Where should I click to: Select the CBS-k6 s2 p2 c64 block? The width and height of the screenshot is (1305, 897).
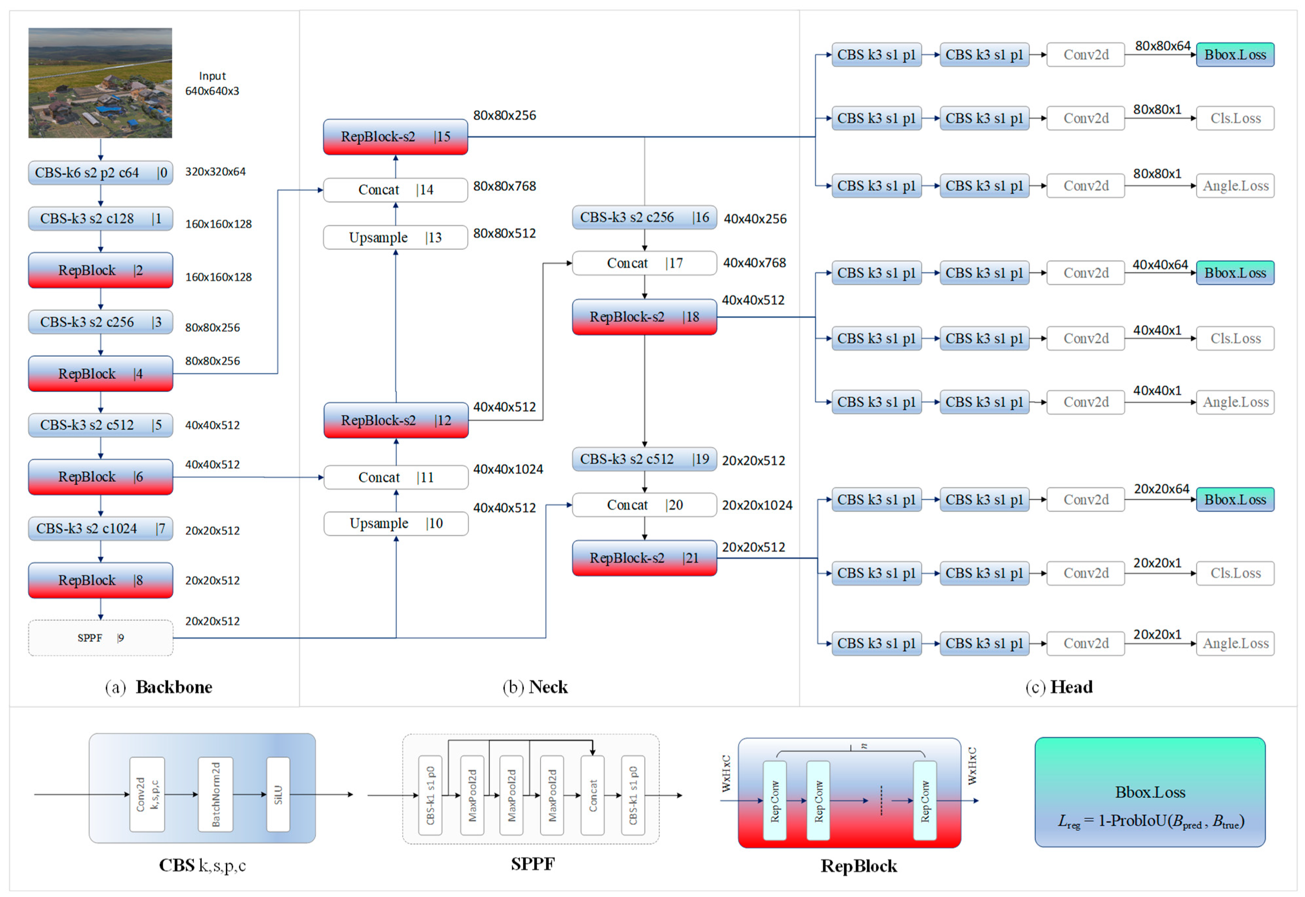coord(100,173)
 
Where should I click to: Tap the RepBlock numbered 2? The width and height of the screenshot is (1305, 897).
coord(100,270)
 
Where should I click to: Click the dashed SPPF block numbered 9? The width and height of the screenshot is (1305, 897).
coord(100,638)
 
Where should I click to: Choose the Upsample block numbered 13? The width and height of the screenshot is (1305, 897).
coord(395,237)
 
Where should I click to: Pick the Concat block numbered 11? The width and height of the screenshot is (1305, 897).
coord(396,477)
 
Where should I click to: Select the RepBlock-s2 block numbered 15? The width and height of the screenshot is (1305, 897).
coord(395,136)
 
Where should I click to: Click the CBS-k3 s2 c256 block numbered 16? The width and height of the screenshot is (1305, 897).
coord(644,217)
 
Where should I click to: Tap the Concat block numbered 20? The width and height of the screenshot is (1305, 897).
coord(644,505)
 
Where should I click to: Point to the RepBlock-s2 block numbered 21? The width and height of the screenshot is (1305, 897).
coord(644,558)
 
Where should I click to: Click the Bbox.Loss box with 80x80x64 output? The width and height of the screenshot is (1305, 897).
coord(1235,54)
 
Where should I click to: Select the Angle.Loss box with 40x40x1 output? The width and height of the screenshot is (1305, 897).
coord(1235,402)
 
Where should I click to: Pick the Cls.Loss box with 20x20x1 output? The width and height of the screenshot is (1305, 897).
coord(1235,573)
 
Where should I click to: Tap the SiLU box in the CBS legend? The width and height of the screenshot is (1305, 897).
coord(278,794)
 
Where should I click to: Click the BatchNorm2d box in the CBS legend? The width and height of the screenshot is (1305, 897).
coord(215,794)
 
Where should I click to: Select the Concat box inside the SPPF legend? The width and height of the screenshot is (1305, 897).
coord(592,795)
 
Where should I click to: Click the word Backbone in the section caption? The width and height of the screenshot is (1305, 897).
coord(174,687)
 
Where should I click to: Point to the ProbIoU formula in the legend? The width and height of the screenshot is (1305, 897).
coord(1151,821)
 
